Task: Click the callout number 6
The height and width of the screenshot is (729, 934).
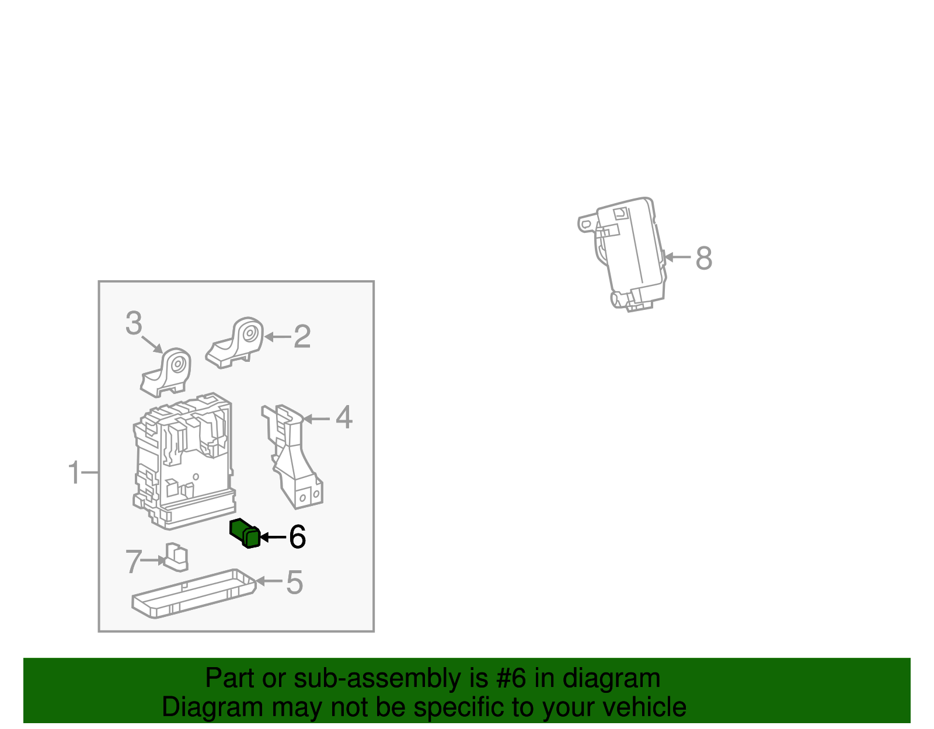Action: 297,537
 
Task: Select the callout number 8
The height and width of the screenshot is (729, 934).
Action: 703,258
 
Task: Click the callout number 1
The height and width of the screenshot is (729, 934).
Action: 74,473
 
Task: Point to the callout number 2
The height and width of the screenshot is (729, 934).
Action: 302,337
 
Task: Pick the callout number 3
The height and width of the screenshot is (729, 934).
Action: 134,323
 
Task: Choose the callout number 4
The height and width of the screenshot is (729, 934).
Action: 344,418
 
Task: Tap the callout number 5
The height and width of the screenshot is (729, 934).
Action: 294,582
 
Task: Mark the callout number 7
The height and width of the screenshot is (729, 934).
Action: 134,561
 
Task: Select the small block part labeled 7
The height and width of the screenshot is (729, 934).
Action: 176,557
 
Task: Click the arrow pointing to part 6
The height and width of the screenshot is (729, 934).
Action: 272,537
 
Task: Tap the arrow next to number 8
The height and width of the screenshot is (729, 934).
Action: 678,257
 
